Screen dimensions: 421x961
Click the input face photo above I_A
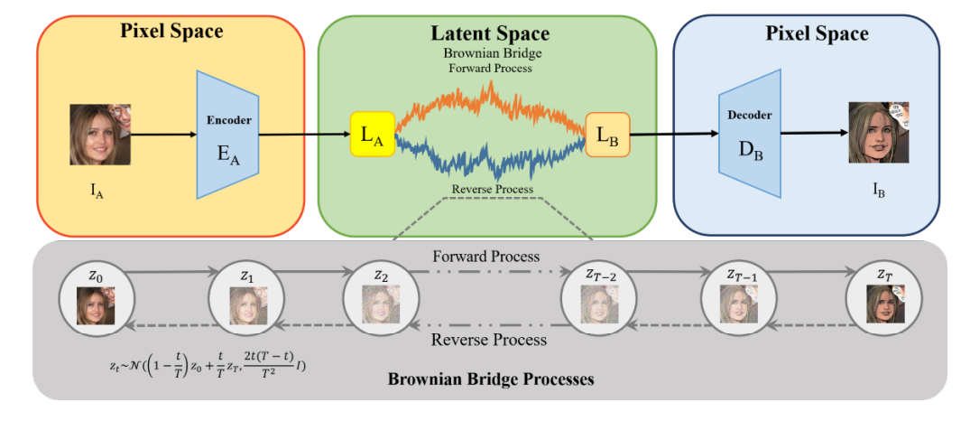[x=100, y=134]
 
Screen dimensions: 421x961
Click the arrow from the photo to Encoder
[x=162, y=135]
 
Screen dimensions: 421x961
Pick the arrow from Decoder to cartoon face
[x=812, y=135]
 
